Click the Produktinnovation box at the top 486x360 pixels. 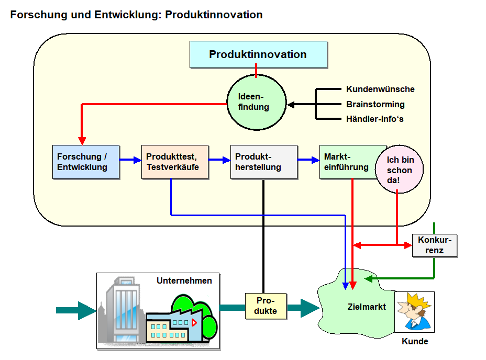258,54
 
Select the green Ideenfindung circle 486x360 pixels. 256,102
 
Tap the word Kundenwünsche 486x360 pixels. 380,89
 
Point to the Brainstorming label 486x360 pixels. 375,104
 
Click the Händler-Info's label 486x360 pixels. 374,119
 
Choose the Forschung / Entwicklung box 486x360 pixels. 86,162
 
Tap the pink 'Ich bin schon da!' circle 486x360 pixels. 400,170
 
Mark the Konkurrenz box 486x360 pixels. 435,245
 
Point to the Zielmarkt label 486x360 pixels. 367,307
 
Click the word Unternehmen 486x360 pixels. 184,280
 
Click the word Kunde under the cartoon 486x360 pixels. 415,342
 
